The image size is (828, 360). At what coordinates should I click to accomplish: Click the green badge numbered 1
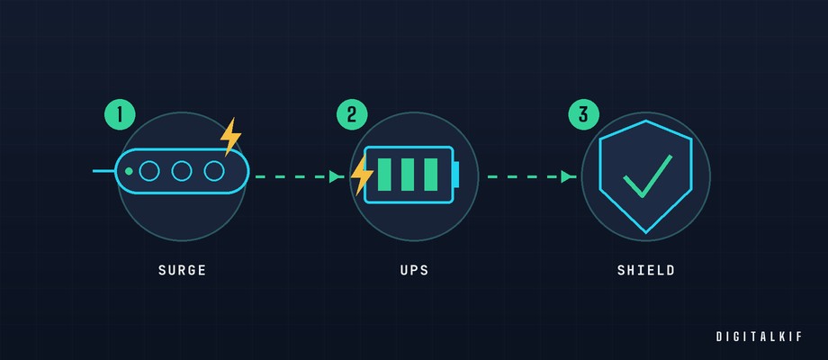pos(120,114)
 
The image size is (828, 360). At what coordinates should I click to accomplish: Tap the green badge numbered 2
pos(352,114)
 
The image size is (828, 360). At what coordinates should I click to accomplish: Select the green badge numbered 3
pos(584,114)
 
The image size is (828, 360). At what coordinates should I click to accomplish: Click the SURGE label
pos(182,271)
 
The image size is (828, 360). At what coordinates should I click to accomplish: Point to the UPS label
pos(415,271)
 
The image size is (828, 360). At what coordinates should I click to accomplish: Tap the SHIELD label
pos(646,271)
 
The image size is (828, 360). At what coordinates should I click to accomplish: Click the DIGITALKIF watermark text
pos(760,337)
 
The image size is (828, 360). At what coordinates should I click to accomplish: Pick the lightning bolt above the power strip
pos(230,136)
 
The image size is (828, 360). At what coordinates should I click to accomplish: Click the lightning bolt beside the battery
pos(362,175)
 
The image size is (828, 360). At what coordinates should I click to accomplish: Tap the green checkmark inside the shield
pos(647,176)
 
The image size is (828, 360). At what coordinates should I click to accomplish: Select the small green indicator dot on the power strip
pos(129,172)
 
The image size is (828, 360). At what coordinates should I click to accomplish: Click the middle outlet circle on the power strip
pos(182,171)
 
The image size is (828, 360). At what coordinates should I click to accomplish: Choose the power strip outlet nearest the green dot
pos(149,171)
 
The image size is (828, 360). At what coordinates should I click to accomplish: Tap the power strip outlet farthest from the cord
pos(214,171)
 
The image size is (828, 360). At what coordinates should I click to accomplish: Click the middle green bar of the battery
pos(408,175)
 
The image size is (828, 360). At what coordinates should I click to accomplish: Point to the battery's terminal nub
pos(456,175)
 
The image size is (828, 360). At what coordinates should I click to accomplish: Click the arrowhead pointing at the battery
pos(336,176)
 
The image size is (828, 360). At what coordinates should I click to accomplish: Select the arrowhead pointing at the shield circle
pos(568,176)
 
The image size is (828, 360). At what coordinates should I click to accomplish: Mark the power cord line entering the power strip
pos(104,171)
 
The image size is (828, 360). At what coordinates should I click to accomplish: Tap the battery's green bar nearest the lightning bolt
pos(384,175)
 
